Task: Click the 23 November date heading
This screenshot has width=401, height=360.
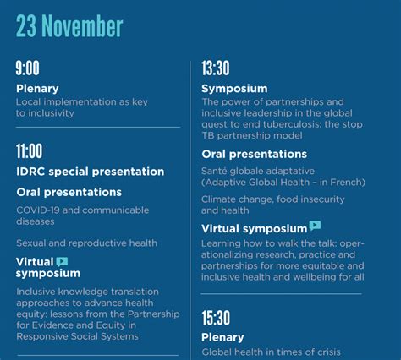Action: tap(69, 26)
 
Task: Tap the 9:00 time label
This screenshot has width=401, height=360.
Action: tap(27, 68)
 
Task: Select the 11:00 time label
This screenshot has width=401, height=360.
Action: tap(30, 151)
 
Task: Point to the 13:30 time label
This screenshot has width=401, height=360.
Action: tap(216, 68)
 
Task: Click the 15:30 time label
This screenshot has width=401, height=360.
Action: tap(216, 318)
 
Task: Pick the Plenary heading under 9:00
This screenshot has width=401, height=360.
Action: tap(37, 89)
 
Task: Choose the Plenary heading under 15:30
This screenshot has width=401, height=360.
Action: tap(222, 337)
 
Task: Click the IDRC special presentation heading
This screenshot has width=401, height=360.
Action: tap(91, 172)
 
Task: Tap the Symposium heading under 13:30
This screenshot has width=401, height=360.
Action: tap(234, 89)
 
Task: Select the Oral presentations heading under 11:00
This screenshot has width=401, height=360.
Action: tap(69, 192)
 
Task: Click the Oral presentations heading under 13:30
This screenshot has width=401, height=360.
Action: tap(255, 154)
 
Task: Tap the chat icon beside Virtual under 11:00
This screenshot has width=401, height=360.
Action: tap(62, 262)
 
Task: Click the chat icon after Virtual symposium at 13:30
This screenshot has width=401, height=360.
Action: tap(315, 226)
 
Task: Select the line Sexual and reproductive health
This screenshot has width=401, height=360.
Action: tap(86, 243)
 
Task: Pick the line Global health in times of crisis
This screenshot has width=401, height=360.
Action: tap(271, 352)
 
